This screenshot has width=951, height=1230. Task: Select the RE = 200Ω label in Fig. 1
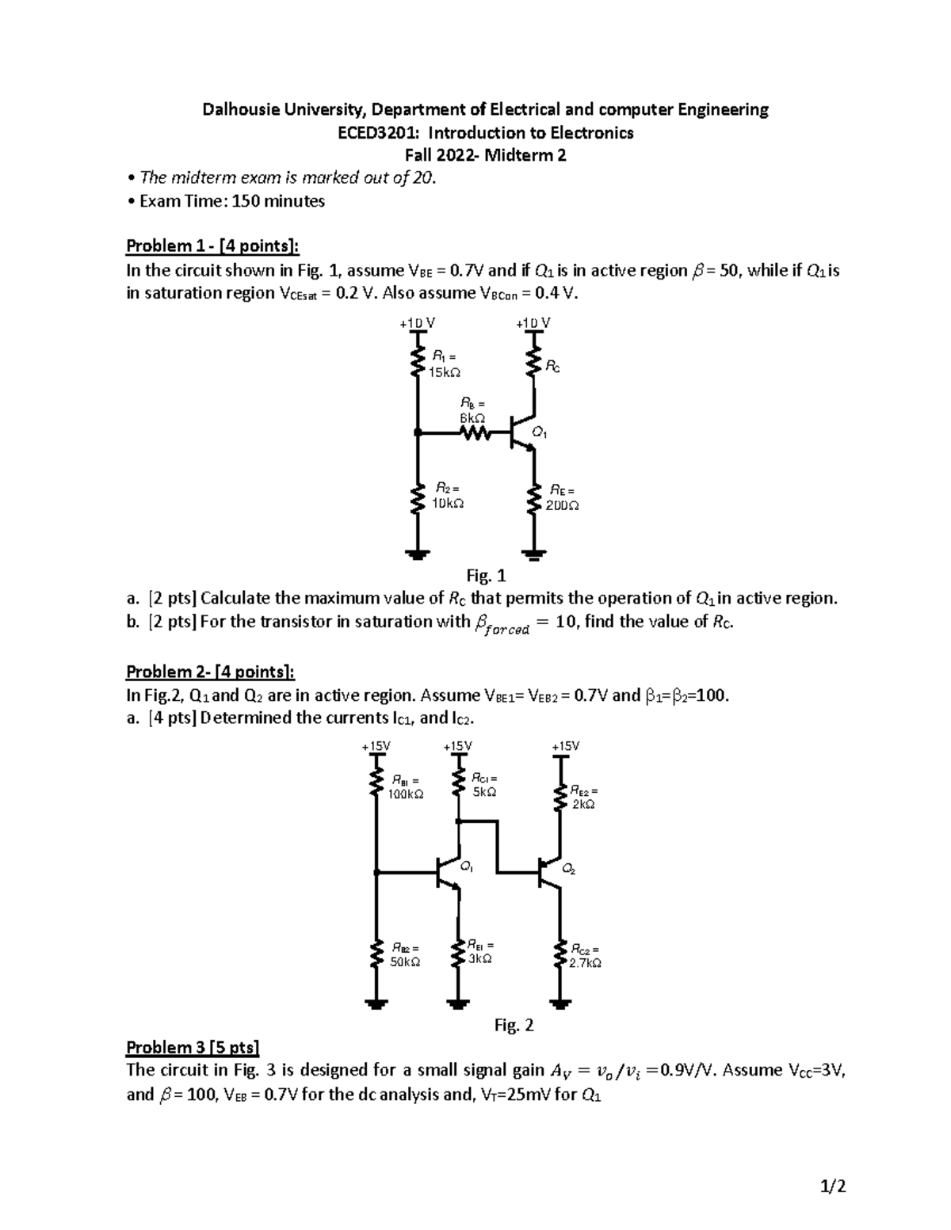click(562, 498)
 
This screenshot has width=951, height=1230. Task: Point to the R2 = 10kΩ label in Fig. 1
click(447, 495)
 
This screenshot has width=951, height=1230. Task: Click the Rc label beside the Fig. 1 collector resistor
click(552, 366)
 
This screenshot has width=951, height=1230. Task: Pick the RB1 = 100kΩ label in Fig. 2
click(406, 787)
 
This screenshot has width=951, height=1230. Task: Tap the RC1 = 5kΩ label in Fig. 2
click(484, 785)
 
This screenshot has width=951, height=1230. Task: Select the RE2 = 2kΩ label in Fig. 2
click(583, 797)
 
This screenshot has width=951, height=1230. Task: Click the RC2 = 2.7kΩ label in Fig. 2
click(585, 956)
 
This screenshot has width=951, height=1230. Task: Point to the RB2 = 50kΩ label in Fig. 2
click(405, 954)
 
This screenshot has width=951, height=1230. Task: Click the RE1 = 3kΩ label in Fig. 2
click(479, 951)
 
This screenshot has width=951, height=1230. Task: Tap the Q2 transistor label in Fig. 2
click(568, 870)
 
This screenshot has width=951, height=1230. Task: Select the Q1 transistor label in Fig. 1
click(540, 433)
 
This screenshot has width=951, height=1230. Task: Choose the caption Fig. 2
click(514, 1026)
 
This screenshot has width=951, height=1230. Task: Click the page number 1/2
click(833, 1186)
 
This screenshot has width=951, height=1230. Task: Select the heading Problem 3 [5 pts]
click(193, 1048)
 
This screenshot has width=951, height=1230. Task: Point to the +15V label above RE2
click(565, 746)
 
